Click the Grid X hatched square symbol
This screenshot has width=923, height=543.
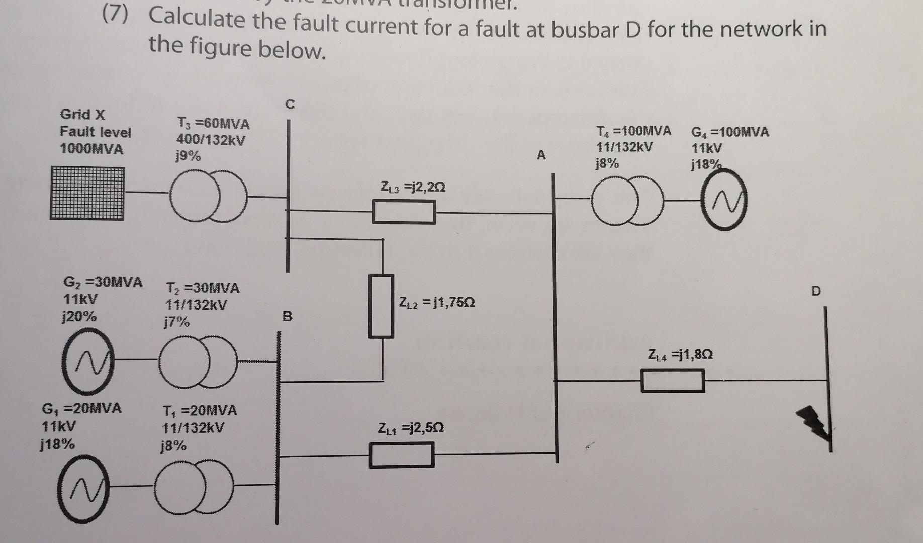pos(87,194)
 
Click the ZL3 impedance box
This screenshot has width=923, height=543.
pos(404,212)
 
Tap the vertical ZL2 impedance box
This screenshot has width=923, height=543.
pos(381,306)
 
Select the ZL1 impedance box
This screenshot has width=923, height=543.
pos(401,455)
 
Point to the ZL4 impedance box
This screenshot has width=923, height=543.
pos(672,380)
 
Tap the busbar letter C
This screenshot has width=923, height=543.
pos(289,105)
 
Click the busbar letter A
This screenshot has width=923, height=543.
pos(541,155)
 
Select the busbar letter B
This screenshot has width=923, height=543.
pos(287,317)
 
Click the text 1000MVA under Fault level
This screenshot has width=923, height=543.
pos(91,149)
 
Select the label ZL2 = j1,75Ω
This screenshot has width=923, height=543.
pos(436,303)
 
